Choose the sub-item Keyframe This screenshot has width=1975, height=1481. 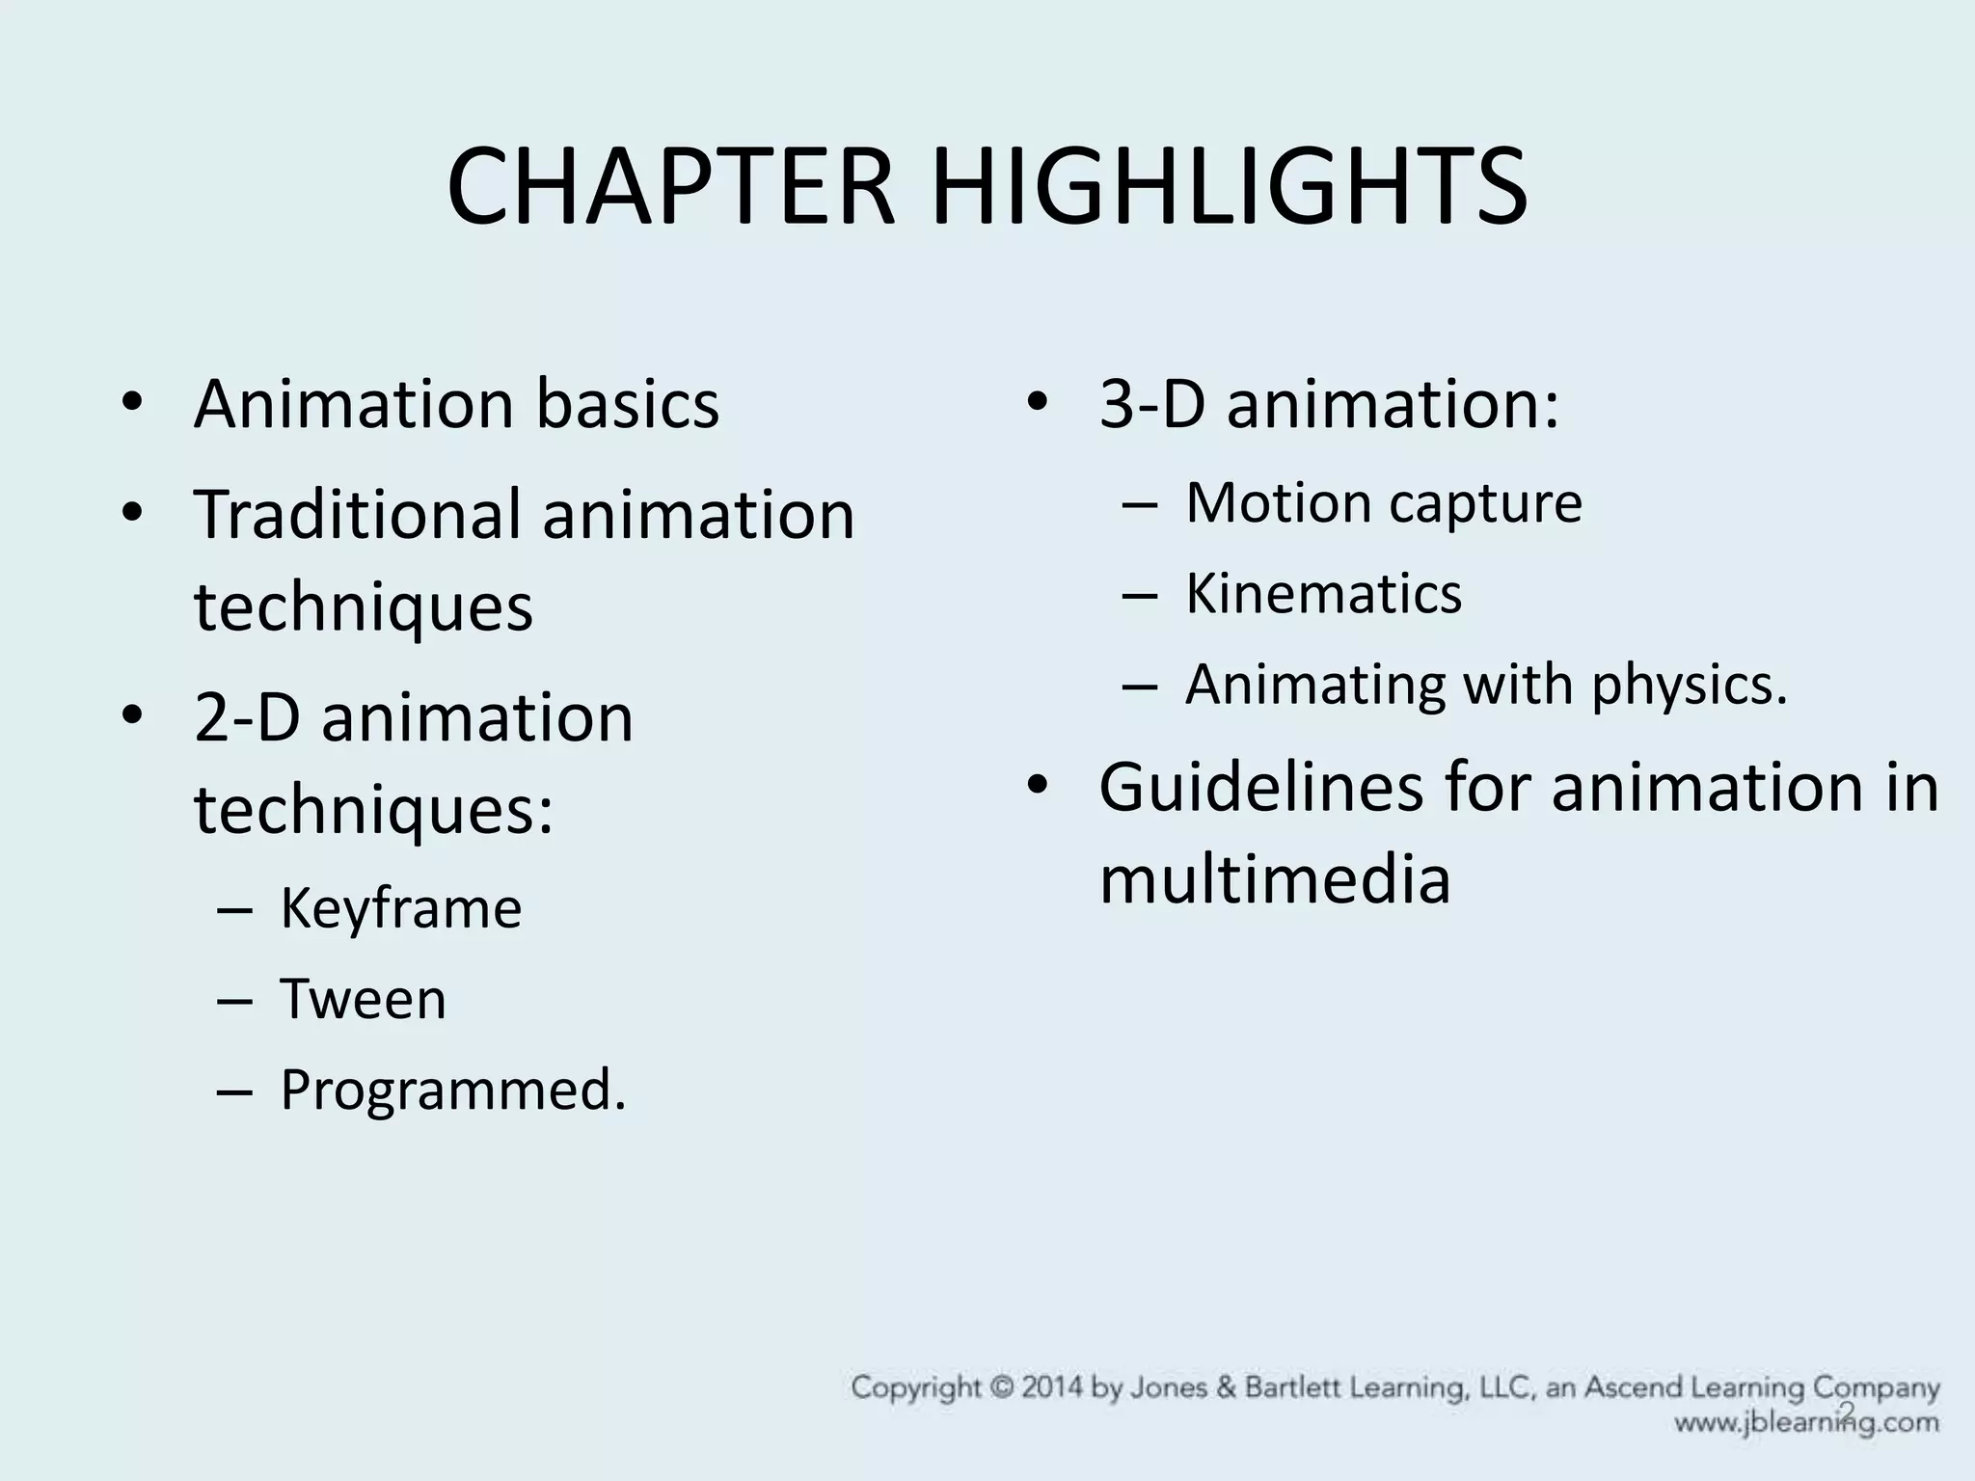point(400,908)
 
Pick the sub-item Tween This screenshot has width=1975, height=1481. point(363,999)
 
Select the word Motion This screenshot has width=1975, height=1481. point(1266,502)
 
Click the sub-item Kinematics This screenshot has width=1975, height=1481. point(1323,593)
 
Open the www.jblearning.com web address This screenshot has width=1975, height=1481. point(1805,1422)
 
